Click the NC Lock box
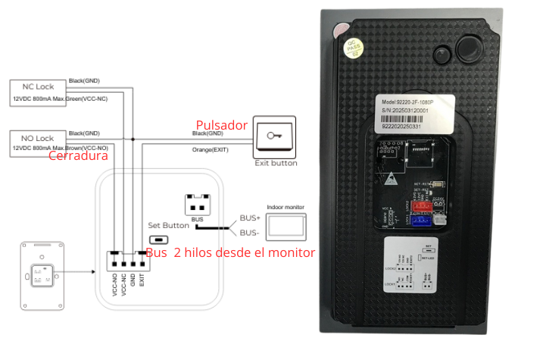39,86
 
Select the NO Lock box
39,138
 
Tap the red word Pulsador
222,125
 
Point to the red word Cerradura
78,155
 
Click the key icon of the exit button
275,136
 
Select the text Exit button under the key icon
276,163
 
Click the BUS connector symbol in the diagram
197,205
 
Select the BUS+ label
249,217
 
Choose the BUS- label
249,233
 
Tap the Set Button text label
168,225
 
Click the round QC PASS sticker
353,48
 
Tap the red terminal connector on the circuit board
420,205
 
